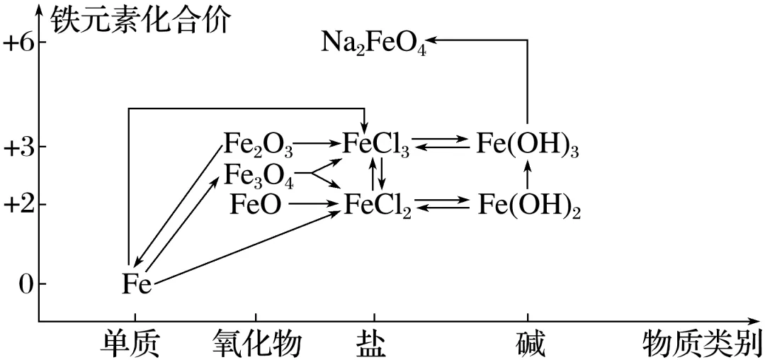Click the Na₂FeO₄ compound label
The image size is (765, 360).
(x=374, y=44)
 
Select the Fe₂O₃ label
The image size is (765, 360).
(x=258, y=145)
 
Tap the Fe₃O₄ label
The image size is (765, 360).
(x=258, y=174)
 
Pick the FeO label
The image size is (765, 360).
(x=256, y=205)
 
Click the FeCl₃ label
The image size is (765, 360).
(x=375, y=145)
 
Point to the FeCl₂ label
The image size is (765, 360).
(x=378, y=205)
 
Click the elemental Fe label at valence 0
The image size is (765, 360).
(x=136, y=284)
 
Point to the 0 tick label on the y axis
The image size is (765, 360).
(x=23, y=284)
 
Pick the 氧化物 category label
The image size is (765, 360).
(x=256, y=344)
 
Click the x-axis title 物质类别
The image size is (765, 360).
(x=701, y=344)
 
